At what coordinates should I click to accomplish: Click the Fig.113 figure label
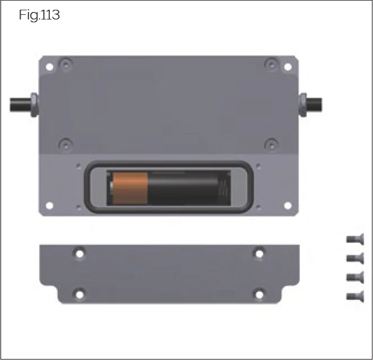click(39, 15)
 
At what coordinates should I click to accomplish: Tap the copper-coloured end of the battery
click(129, 187)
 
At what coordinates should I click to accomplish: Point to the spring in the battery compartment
click(225, 188)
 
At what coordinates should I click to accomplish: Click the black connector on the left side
click(18, 105)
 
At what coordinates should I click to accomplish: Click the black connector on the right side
click(314, 105)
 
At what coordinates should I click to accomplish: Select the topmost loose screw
click(355, 239)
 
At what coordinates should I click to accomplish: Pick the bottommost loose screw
click(355, 296)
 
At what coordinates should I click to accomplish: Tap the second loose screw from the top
click(355, 258)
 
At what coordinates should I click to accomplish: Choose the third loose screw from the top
click(355, 277)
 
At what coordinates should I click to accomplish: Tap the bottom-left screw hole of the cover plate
click(80, 294)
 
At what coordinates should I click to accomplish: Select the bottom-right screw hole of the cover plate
click(259, 294)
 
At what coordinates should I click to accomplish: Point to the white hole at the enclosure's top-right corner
click(288, 67)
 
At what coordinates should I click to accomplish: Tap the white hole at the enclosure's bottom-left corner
click(50, 205)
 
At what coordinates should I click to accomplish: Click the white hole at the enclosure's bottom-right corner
click(288, 204)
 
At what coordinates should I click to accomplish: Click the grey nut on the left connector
click(33, 105)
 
